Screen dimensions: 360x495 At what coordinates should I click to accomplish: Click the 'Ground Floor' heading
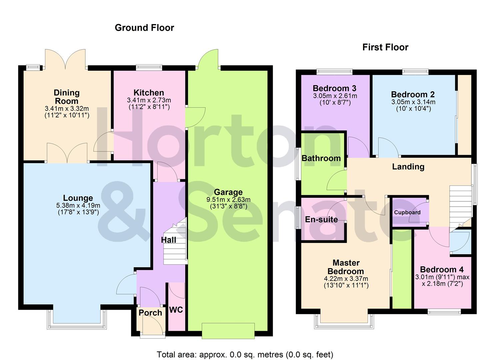pos(144,28)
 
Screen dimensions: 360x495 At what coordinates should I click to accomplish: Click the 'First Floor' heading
pos(385,47)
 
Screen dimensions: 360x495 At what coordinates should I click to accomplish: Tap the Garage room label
pos(228,192)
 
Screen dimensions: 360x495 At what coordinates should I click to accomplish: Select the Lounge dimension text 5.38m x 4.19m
pos(78,206)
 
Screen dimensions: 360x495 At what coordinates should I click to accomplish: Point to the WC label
pos(176,310)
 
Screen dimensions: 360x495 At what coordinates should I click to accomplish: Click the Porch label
pos(150,313)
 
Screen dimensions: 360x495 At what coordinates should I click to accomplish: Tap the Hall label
pos(168,240)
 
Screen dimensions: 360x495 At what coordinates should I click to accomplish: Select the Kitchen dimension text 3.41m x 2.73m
pos(149,100)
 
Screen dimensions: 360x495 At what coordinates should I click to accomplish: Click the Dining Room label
pos(67,97)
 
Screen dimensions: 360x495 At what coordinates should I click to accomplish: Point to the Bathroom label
pos(321,158)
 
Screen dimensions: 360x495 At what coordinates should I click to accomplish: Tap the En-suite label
pos(321,219)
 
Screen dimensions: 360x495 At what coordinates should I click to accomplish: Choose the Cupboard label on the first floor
pos(407,212)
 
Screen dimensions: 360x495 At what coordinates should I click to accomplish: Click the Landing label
pos(408,167)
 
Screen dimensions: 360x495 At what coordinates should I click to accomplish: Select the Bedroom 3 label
pos(334,88)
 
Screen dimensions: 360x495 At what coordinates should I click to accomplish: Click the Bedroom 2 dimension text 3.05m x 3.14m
pos(413,102)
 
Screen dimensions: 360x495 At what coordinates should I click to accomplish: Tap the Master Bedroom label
pos(346,267)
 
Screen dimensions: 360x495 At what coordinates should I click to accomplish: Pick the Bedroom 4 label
pos(442,269)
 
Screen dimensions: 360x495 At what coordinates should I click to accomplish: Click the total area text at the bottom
pos(245,354)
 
